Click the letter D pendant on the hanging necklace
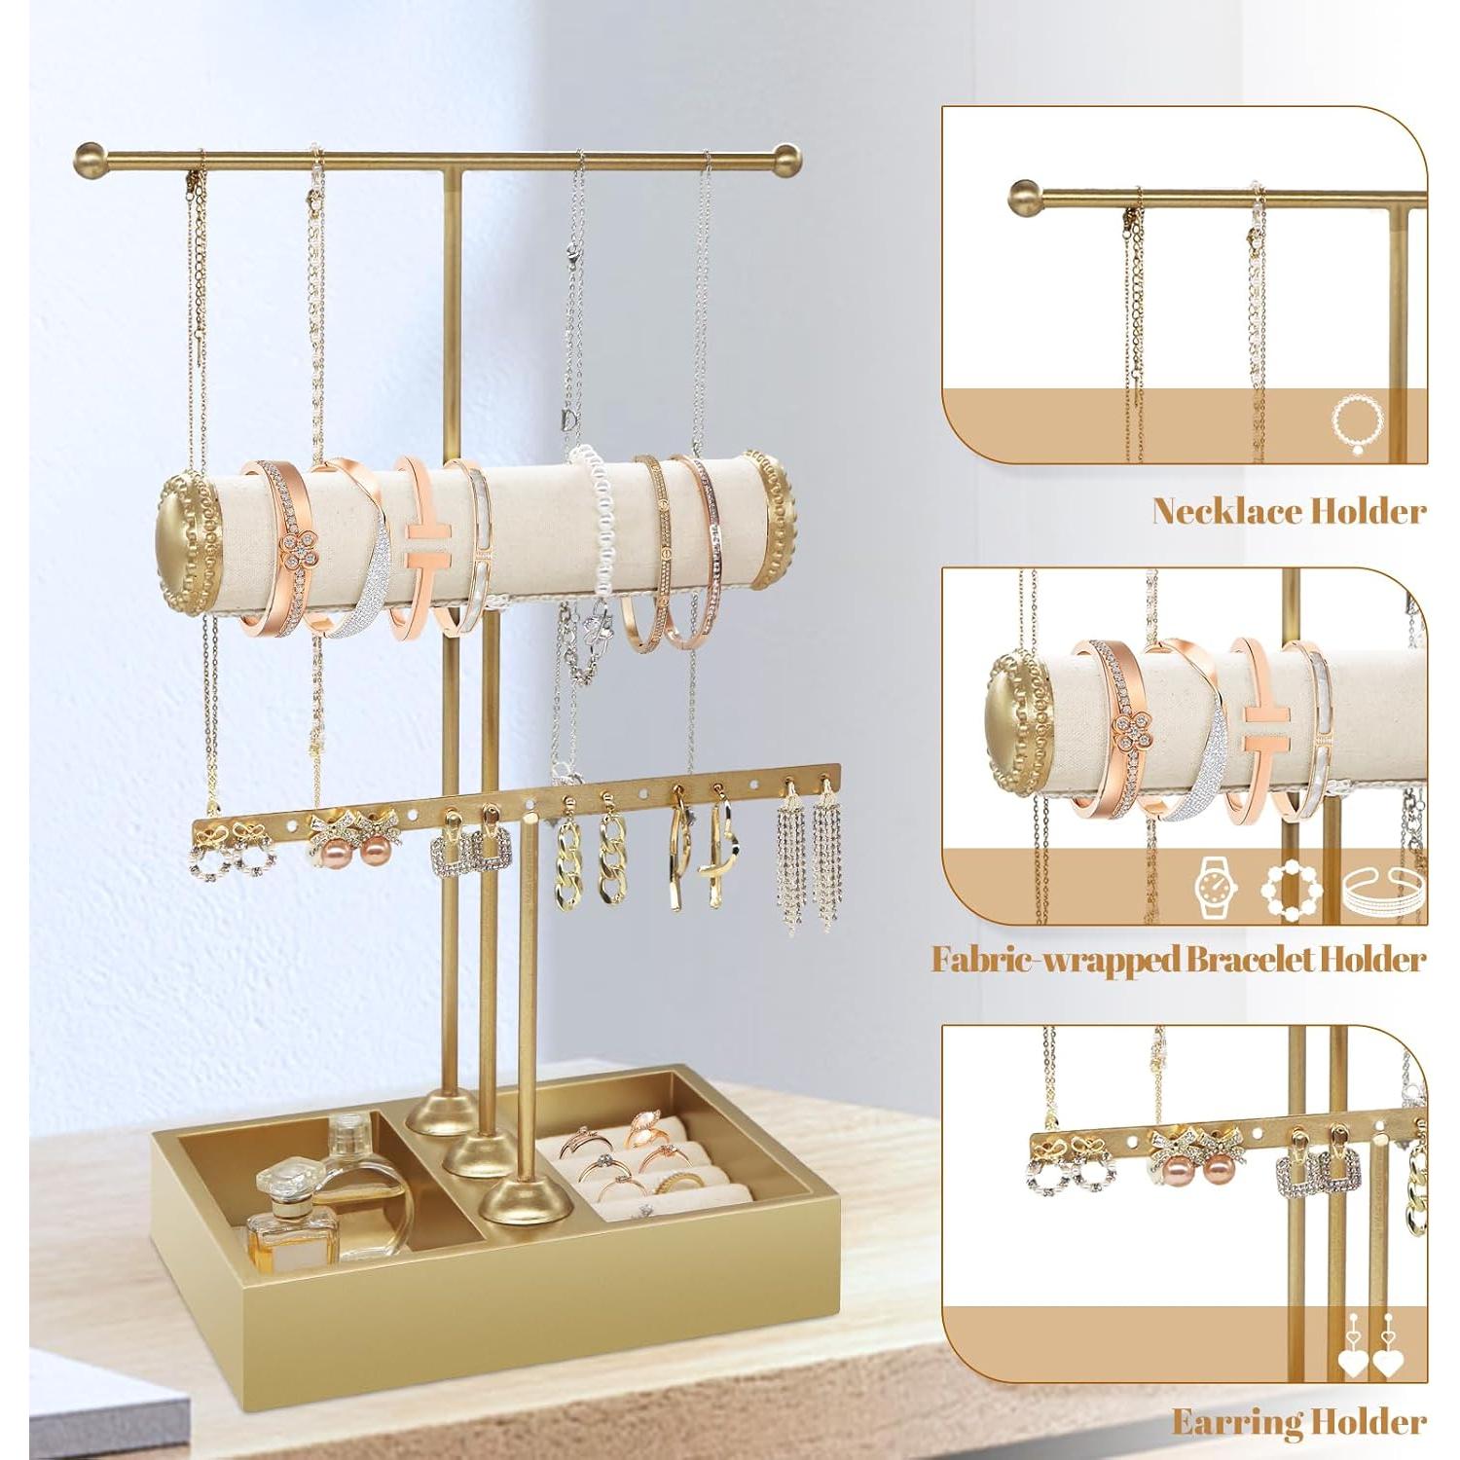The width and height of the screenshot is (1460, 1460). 568,420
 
